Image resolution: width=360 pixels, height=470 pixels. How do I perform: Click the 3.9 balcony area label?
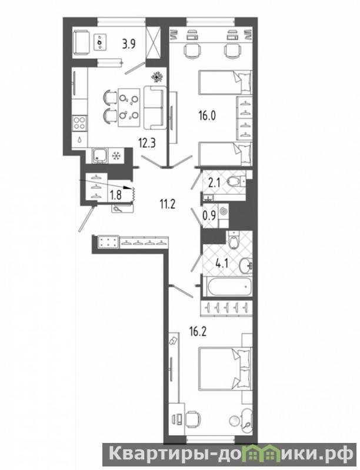tap(129, 44)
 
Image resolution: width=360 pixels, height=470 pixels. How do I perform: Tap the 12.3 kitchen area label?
tap(146, 143)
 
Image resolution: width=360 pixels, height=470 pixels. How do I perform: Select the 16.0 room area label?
tap(207, 115)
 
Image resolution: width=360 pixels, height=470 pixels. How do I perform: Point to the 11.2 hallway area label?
tap(167, 205)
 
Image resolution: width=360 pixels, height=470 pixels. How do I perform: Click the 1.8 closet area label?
tap(116, 195)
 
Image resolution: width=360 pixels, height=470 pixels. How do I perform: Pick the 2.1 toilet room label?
tap(214, 182)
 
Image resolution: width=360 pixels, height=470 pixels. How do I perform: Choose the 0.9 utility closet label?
tap(209, 216)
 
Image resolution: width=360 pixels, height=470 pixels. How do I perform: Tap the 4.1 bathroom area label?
tap(222, 264)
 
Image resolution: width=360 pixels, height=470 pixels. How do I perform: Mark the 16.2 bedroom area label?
tap(198, 332)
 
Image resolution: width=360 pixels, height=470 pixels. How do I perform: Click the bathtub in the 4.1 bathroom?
tap(227, 286)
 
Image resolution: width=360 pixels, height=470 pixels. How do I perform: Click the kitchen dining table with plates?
tap(129, 107)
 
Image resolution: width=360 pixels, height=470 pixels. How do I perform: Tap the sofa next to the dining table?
tap(155, 107)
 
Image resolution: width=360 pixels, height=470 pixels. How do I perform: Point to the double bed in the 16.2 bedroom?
tap(225, 369)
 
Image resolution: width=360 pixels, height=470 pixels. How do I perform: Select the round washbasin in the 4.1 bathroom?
tap(246, 265)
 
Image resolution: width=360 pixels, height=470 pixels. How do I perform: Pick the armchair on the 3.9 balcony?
tap(81, 44)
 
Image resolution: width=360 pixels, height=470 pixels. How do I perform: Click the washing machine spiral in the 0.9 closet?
tap(224, 211)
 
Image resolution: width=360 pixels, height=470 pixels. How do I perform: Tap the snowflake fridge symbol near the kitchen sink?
tap(115, 156)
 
